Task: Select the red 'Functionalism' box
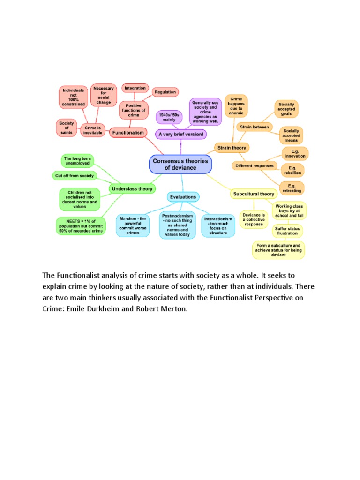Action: (x=127, y=133)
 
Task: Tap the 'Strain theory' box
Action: (x=232, y=148)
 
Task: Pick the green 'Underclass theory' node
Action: (x=132, y=189)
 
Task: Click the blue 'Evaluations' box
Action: (x=183, y=197)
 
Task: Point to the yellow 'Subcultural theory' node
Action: (x=254, y=194)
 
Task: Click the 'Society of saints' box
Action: (x=66, y=127)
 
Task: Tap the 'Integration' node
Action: (x=135, y=88)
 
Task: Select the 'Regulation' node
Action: (x=165, y=92)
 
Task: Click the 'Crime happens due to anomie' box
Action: (x=236, y=105)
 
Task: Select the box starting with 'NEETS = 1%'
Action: (x=80, y=226)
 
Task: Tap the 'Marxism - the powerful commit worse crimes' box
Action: (x=133, y=225)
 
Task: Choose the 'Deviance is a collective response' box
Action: (x=254, y=218)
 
